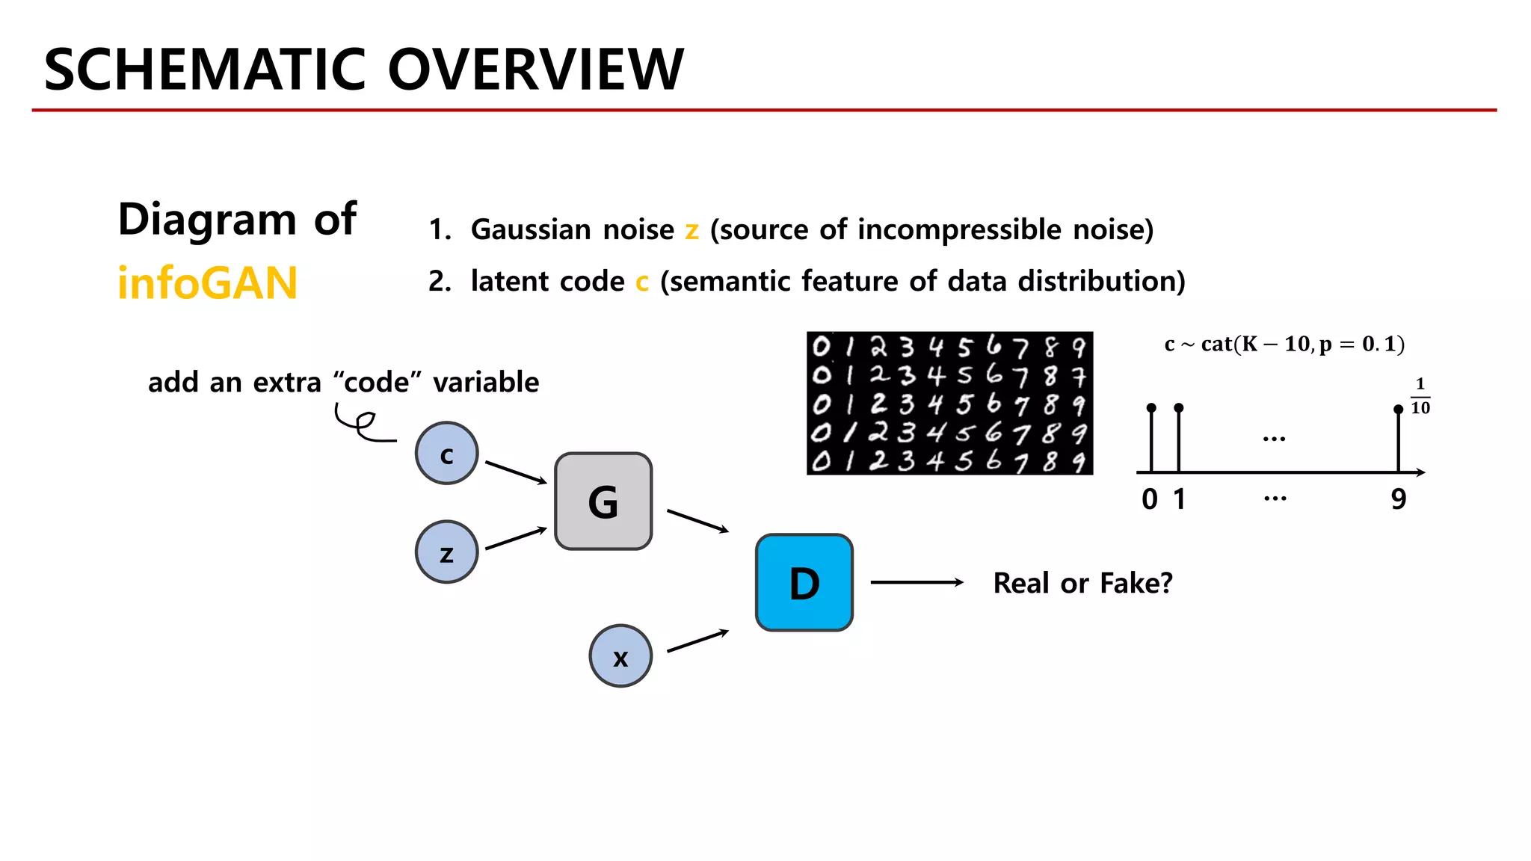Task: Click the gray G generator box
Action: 603,502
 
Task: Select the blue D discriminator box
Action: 804,583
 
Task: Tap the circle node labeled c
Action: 447,454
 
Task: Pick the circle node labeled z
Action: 447,552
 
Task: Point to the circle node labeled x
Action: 620,656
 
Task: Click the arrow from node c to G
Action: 516,472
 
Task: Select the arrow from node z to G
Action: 516,539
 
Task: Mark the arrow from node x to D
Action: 697,641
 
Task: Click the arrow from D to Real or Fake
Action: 917,582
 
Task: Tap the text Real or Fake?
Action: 1082,583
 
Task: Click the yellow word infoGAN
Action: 208,283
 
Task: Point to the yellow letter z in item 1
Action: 692,230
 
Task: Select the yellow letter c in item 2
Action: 642,283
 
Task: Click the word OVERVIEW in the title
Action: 535,70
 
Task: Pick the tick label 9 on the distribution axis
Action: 1399,499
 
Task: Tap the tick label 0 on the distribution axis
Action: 1150,499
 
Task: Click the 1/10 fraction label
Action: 1420,396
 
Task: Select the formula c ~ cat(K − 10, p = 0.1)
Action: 1284,344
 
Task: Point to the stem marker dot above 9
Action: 1398,410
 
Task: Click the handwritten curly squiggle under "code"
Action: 362,425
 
